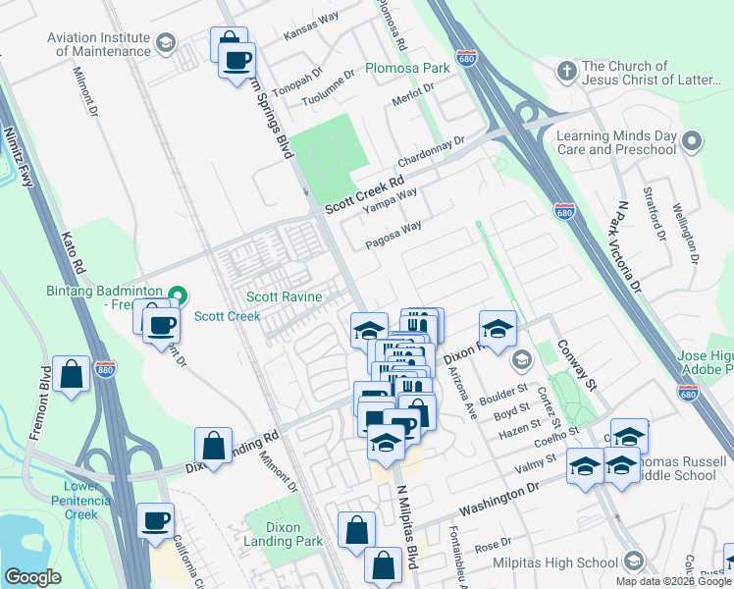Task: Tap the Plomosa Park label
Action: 407,69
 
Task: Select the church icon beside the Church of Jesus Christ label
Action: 565,72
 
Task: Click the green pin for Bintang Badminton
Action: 177,294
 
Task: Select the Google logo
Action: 32,576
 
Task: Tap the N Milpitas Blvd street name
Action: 408,530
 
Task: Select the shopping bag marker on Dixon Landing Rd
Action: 213,447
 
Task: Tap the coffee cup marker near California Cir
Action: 154,522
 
